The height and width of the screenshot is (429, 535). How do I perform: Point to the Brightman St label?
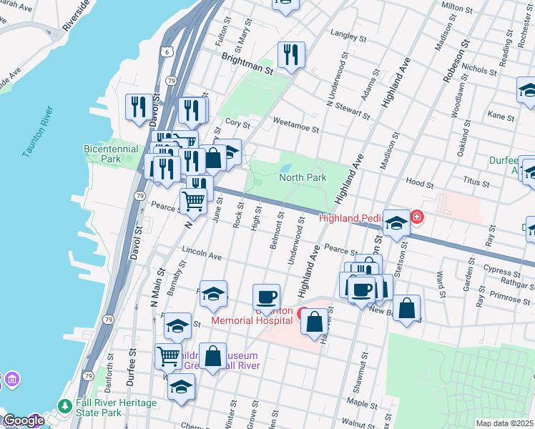click(247, 65)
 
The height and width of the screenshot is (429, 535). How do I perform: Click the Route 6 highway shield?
click(167, 51)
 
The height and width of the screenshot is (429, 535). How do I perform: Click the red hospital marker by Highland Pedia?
click(416, 217)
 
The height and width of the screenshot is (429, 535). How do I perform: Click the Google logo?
click(23, 421)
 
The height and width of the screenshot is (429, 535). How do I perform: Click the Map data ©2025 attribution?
click(504, 423)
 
